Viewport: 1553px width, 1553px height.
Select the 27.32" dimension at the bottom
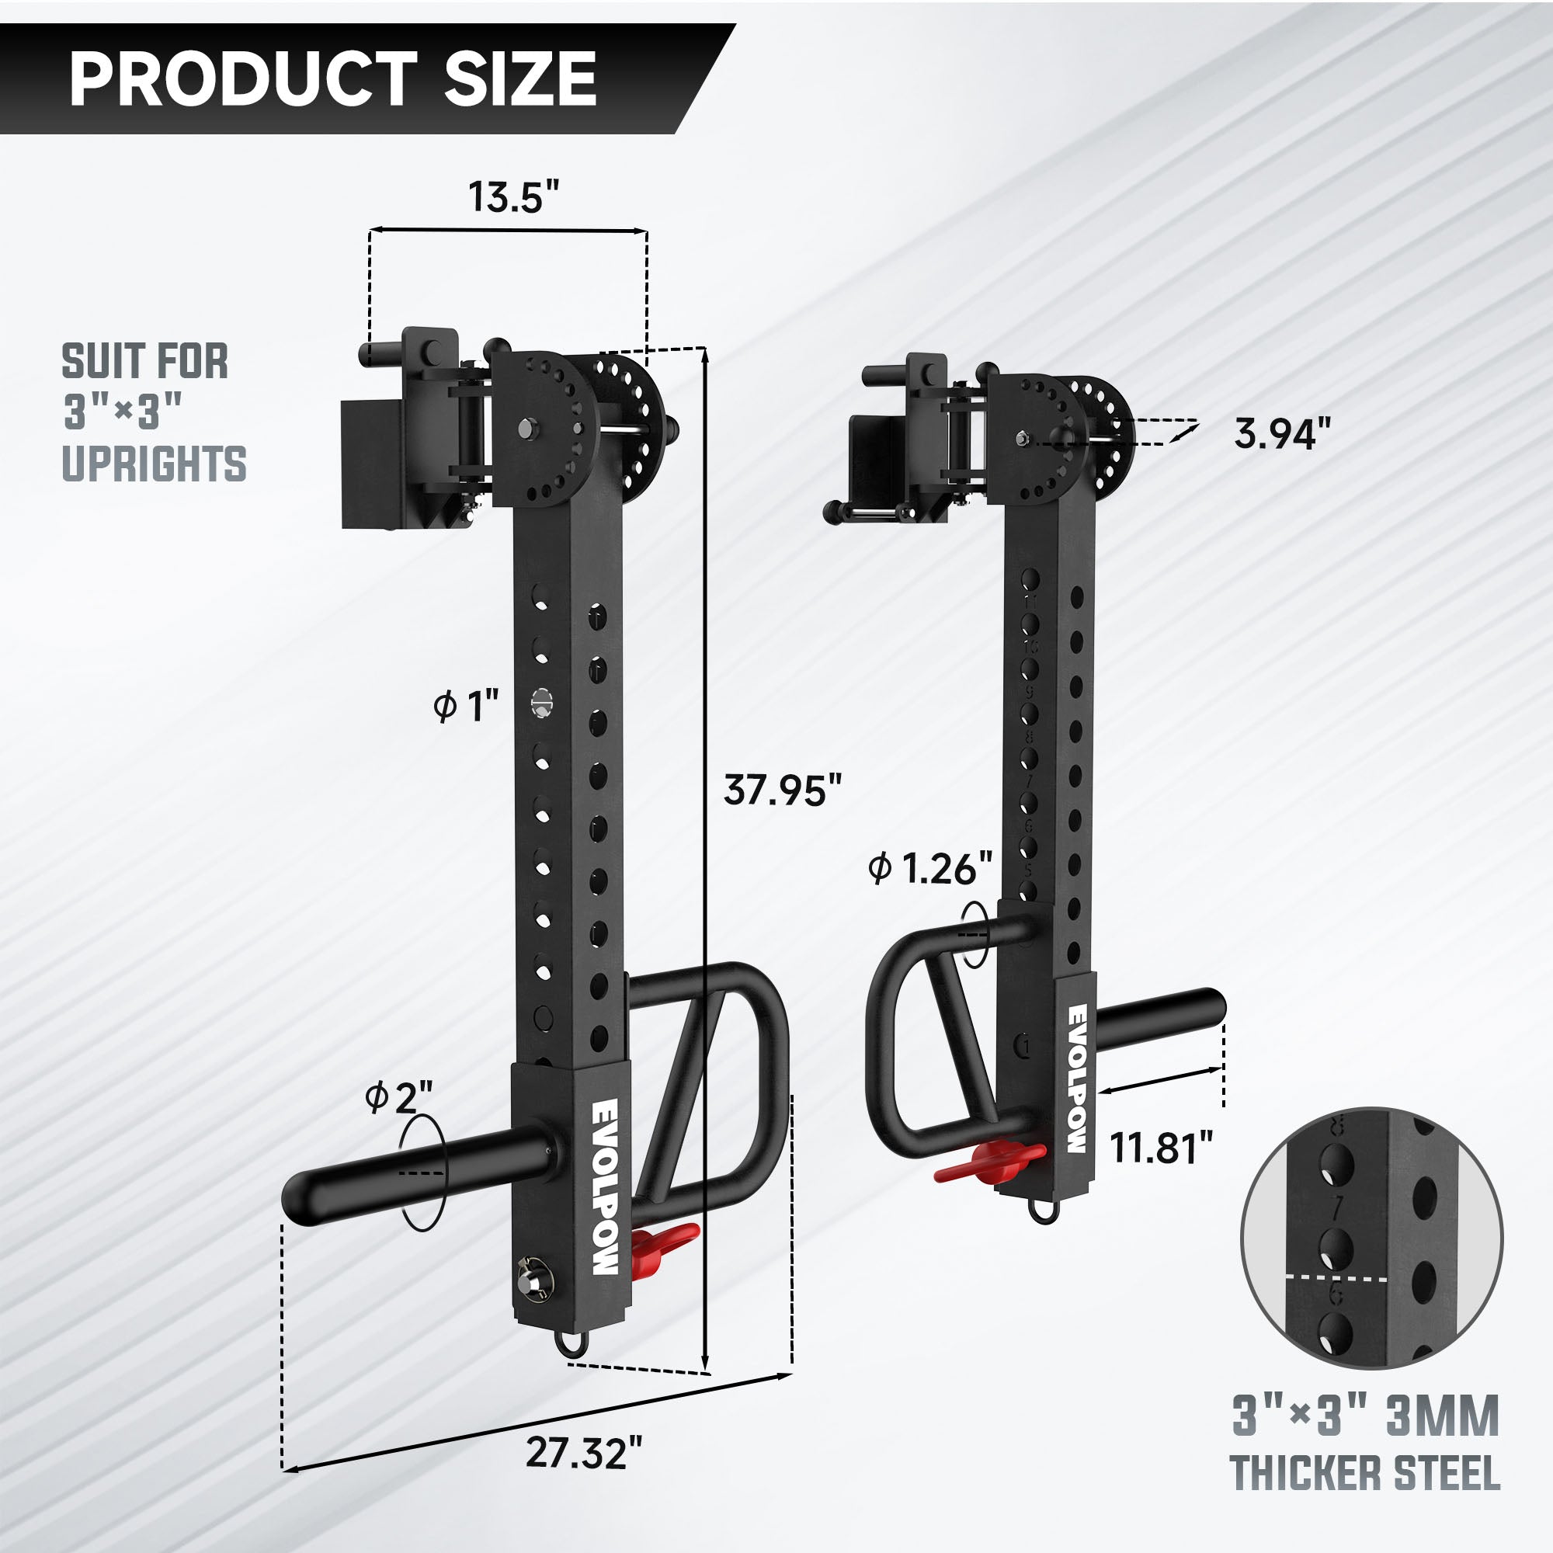coord(585,1453)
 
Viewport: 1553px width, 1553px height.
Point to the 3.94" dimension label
coord(1282,434)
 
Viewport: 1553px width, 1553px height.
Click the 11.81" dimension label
coord(1161,1147)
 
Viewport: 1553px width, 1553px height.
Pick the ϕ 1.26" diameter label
coord(931,869)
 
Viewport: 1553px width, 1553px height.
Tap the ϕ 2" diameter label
coord(398,1097)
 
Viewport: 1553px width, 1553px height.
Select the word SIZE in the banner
coord(520,78)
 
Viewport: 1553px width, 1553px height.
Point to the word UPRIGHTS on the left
coord(155,465)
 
